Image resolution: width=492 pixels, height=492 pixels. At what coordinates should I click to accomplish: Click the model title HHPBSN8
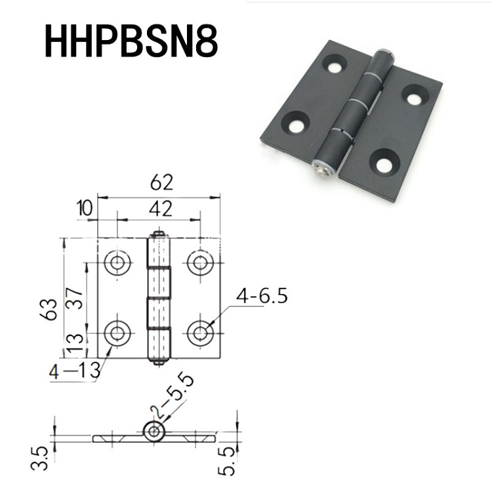(131, 41)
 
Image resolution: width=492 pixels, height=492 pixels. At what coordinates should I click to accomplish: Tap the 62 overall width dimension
(161, 182)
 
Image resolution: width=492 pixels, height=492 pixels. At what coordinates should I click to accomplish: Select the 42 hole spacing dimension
(161, 209)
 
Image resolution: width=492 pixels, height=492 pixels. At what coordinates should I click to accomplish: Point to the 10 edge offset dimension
(85, 208)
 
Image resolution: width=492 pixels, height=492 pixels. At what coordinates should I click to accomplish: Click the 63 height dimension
(49, 310)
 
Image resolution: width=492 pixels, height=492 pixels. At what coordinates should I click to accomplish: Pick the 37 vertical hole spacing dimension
(74, 298)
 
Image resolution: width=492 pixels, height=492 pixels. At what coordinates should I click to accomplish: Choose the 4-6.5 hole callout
(262, 296)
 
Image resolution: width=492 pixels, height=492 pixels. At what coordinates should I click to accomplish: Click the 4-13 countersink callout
(75, 371)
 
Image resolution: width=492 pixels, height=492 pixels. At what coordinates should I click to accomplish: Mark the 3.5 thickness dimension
(39, 459)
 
